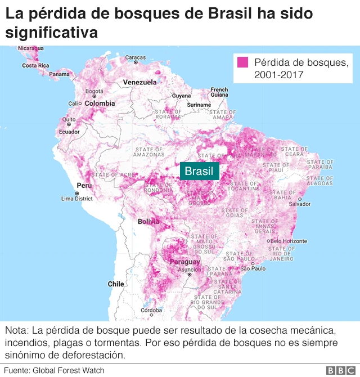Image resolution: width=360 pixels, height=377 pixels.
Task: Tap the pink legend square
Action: point(244,62)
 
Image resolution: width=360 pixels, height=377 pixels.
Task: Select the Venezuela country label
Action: point(139,82)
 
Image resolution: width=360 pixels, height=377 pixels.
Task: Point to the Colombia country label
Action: point(100,104)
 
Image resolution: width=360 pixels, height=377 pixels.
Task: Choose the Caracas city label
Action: point(135,57)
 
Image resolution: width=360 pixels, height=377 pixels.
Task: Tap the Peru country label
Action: point(84,186)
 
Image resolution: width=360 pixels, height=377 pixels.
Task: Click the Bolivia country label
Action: point(148,222)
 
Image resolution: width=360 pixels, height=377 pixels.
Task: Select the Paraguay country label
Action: point(184,262)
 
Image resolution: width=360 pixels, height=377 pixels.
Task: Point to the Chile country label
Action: point(116,284)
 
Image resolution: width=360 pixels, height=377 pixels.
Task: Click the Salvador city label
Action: point(300,204)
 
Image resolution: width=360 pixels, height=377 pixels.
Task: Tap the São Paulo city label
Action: point(253,269)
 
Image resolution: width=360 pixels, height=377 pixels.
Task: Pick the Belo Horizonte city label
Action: point(288,241)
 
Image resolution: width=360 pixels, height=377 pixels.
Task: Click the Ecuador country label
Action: point(69,132)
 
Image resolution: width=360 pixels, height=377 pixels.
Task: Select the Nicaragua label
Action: point(30,49)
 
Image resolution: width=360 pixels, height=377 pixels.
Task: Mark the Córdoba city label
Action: point(151,310)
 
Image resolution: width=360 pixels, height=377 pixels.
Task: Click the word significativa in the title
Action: point(51,33)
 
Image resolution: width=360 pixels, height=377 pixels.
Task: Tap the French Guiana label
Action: point(219,92)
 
